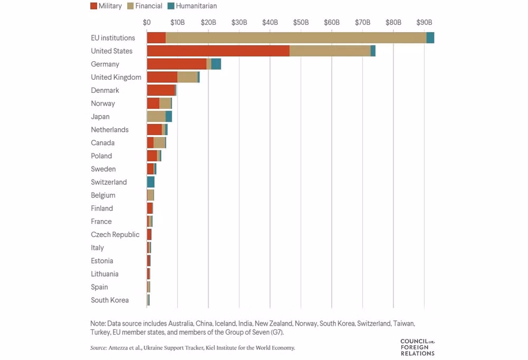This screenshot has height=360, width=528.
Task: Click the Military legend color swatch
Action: point(93,6)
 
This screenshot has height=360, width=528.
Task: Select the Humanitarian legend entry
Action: point(192,6)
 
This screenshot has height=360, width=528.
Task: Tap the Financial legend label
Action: point(148,6)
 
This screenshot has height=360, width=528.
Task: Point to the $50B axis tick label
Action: point(301,22)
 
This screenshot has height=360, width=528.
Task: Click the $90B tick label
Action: point(424,22)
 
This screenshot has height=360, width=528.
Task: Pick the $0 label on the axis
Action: point(146,22)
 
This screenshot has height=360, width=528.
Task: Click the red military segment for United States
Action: point(218,51)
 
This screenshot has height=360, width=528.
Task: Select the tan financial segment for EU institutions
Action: point(296,37)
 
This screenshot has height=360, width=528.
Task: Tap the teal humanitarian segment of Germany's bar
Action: point(216,64)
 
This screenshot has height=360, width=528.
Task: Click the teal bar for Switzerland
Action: point(151,182)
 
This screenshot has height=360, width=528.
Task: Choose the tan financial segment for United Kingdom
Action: point(187,77)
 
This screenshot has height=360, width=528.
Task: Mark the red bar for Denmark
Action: point(161,90)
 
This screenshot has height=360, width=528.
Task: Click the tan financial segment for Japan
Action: point(156,117)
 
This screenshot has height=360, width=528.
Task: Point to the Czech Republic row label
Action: point(115,234)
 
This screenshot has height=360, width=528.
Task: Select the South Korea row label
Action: point(110,300)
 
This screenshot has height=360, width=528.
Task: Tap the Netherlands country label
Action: point(110,130)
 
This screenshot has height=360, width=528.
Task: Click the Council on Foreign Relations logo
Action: point(418,347)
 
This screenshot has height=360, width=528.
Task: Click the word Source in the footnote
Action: point(98,348)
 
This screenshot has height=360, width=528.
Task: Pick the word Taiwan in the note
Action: point(404,323)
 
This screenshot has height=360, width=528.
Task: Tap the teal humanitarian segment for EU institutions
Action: point(430,37)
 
